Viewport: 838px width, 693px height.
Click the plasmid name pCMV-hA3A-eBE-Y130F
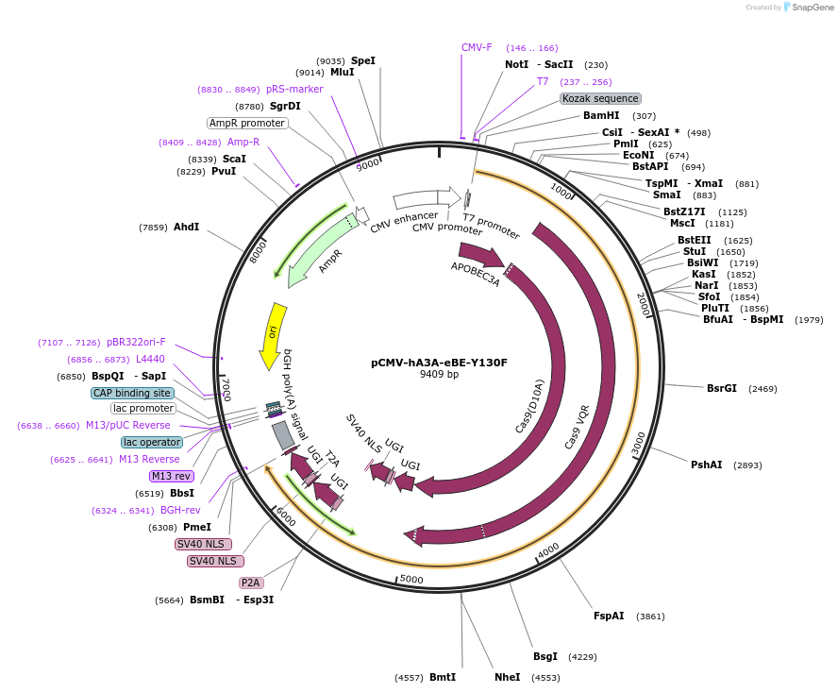click(439, 362)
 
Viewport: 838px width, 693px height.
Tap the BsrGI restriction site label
click(722, 388)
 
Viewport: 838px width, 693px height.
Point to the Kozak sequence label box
click(600, 98)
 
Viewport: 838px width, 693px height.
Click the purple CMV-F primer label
click(477, 47)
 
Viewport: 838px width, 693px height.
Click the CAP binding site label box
click(132, 393)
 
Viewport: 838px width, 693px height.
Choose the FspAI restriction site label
click(609, 616)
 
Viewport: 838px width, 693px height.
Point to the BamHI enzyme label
click(601, 115)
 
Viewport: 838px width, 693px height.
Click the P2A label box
click(251, 583)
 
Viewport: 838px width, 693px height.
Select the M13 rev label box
click(171, 476)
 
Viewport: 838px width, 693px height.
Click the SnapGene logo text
click(812, 7)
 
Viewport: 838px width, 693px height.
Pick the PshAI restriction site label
click(707, 465)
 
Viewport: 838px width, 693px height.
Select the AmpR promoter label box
click(247, 123)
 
